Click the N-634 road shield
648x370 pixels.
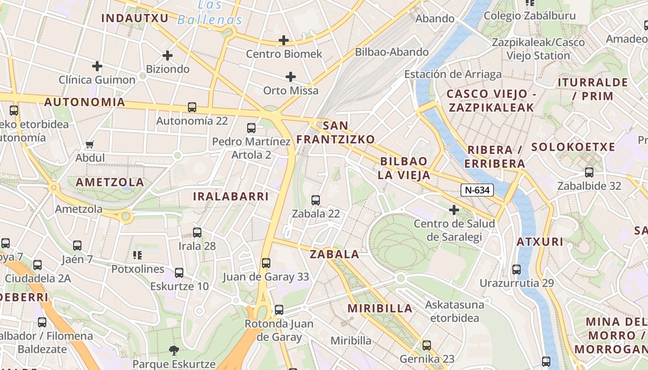click(x=477, y=190)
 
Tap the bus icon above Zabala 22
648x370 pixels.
click(x=316, y=200)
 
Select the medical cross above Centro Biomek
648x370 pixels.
click(x=284, y=40)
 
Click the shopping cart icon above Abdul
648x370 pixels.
click(x=90, y=144)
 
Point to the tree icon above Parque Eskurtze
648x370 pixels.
click(x=174, y=350)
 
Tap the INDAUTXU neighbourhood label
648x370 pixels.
click(x=128, y=18)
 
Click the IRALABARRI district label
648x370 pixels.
click(x=231, y=196)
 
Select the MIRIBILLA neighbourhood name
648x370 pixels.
click(x=380, y=308)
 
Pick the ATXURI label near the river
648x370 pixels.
click(x=540, y=242)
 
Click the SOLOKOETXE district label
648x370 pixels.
click(x=573, y=147)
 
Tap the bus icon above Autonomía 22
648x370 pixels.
click(x=192, y=107)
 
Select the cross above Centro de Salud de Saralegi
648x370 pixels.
click(x=454, y=210)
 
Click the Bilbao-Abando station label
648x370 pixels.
click(x=392, y=52)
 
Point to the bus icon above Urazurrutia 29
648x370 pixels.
click(x=517, y=269)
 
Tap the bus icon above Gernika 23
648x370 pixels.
click(x=427, y=345)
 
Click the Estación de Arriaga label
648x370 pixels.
click(x=453, y=74)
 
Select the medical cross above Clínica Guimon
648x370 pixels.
click(x=97, y=66)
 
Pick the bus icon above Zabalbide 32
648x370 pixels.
click(x=589, y=173)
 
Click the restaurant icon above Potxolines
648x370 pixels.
click(x=137, y=255)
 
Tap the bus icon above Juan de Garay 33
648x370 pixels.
click(x=266, y=263)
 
